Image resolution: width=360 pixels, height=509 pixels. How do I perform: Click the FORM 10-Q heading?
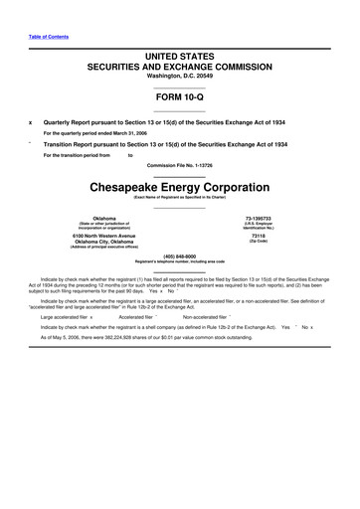point(179,99)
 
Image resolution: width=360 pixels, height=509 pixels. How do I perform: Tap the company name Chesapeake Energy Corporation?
point(179,187)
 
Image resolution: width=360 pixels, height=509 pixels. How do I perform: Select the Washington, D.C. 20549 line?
point(179,76)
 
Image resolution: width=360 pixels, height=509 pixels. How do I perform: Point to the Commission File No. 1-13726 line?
point(179,164)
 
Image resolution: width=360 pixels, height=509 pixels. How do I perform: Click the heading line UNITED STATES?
point(179,50)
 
